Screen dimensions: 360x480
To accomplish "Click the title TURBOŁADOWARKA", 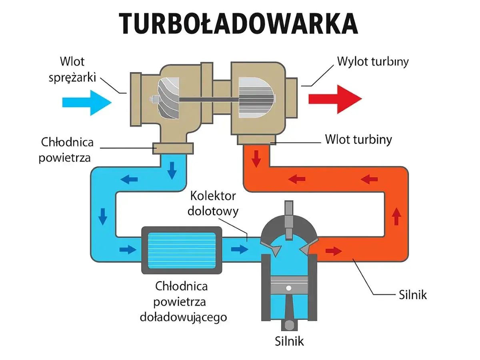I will pyautogui.click(x=238, y=23).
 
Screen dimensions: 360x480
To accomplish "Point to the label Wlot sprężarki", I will pyautogui.click(x=72, y=70).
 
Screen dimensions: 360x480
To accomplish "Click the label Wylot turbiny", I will pyautogui.click(x=373, y=62).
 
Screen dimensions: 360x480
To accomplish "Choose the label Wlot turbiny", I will pyautogui.click(x=358, y=140).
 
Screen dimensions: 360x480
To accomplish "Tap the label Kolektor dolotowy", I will pyautogui.click(x=214, y=203).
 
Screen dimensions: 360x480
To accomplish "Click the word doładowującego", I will pyautogui.click(x=184, y=317).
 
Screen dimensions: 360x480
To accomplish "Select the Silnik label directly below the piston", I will pyautogui.click(x=289, y=341).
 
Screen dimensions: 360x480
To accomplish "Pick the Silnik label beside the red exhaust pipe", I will pyautogui.click(x=413, y=295).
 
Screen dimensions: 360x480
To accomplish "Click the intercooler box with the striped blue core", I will pyautogui.click(x=182, y=250).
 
